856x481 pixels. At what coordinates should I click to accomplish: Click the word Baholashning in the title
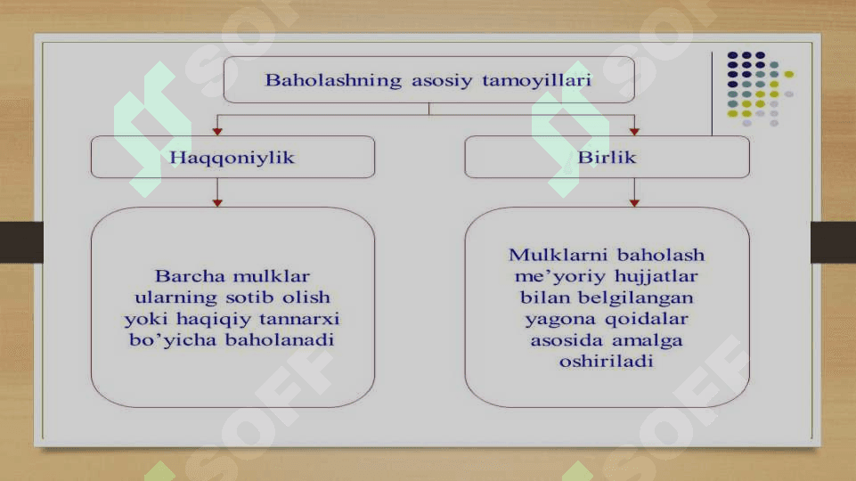click(x=333, y=81)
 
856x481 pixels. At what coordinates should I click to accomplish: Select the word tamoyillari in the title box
click(x=536, y=80)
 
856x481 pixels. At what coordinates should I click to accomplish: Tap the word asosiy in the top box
click(x=442, y=81)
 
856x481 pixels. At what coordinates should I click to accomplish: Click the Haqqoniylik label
click(x=232, y=158)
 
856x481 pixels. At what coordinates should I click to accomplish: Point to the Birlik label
click(x=607, y=158)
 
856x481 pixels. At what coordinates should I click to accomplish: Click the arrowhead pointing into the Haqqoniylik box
click(x=217, y=132)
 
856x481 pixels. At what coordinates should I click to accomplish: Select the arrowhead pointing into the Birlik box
click(x=634, y=132)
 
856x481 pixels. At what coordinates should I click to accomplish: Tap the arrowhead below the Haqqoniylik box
click(x=217, y=203)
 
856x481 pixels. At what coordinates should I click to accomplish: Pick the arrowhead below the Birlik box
click(x=634, y=203)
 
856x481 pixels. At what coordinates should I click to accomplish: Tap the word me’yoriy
click(x=560, y=277)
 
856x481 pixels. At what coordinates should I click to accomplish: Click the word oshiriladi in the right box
click(x=607, y=361)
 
